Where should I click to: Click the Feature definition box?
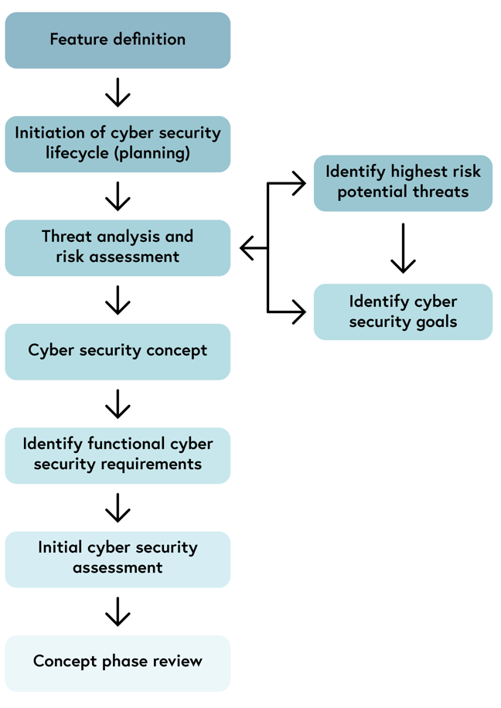[x=118, y=40]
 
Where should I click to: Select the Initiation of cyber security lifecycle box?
[x=118, y=143]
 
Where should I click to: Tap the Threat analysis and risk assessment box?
[x=118, y=247]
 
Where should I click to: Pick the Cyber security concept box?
[x=118, y=351]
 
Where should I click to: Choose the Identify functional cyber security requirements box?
[x=118, y=454]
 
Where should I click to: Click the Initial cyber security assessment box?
[x=118, y=558]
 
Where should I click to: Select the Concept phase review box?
[x=118, y=662]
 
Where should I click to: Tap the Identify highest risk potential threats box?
[x=403, y=182]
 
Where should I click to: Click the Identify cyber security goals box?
[x=403, y=311]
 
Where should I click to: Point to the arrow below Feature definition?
[x=118, y=91]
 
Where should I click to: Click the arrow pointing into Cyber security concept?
[x=118, y=300]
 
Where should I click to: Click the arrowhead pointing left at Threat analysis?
[x=247, y=248]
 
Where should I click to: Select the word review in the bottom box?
[x=177, y=662]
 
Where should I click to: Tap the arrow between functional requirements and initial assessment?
[x=118, y=507]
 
